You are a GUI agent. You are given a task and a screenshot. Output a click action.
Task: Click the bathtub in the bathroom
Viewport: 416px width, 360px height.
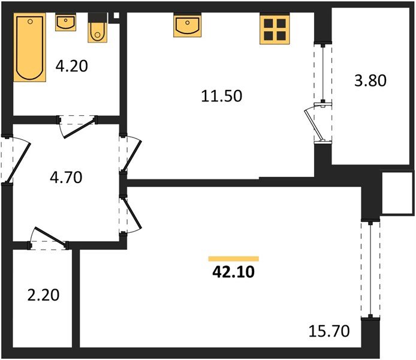click(30, 47)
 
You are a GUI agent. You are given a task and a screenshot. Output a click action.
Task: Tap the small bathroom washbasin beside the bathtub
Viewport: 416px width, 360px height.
click(65, 23)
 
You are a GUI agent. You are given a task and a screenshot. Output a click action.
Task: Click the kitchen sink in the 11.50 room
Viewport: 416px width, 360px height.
click(187, 25)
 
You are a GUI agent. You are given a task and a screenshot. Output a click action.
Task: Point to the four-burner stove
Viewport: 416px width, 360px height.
click(275, 29)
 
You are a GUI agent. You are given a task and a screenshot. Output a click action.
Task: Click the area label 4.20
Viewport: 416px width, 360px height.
click(72, 66)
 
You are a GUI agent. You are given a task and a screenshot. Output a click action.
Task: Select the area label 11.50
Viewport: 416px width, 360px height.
click(222, 96)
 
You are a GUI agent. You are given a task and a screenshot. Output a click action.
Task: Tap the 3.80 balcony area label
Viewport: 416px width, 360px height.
click(370, 80)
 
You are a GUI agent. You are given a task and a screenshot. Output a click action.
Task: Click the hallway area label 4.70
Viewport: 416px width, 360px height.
click(66, 178)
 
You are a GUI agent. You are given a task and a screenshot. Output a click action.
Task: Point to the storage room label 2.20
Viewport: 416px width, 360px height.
click(44, 295)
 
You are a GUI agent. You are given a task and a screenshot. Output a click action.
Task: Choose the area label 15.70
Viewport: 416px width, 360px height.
click(329, 331)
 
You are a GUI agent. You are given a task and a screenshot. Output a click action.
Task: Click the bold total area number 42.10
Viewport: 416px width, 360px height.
click(233, 272)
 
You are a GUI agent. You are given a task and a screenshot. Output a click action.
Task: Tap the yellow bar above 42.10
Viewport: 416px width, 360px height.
click(233, 259)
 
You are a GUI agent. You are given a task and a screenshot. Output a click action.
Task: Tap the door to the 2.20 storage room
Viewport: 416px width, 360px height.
click(49, 238)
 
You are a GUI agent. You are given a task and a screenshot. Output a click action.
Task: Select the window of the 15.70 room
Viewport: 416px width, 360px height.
click(370, 269)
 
